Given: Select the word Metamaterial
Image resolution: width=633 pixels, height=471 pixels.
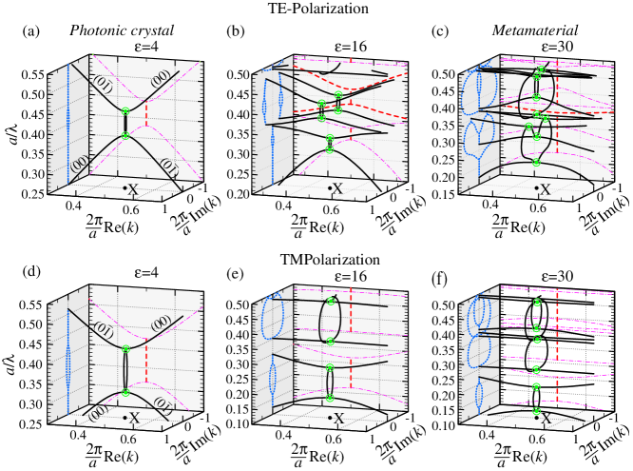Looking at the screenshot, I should tap(533, 32).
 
